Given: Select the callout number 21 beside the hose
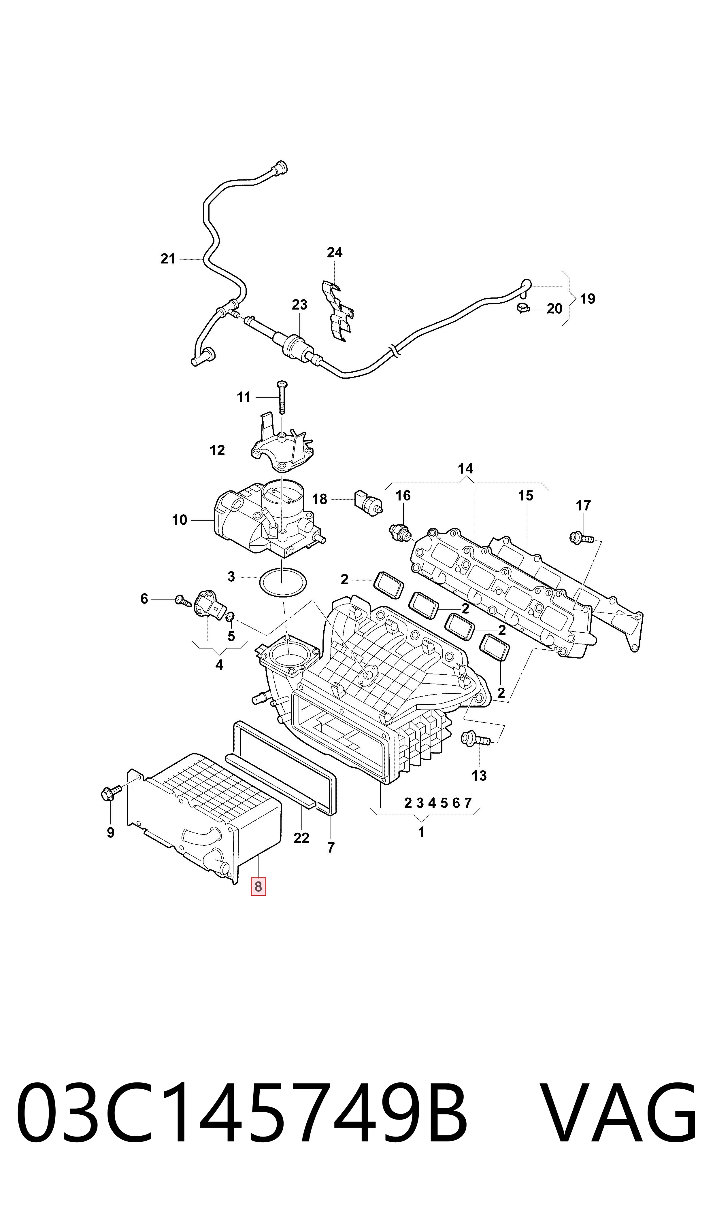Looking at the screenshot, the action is (x=168, y=259).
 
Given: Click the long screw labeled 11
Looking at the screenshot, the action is (x=282, y=397).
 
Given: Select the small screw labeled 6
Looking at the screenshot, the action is (x=183, y=600).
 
